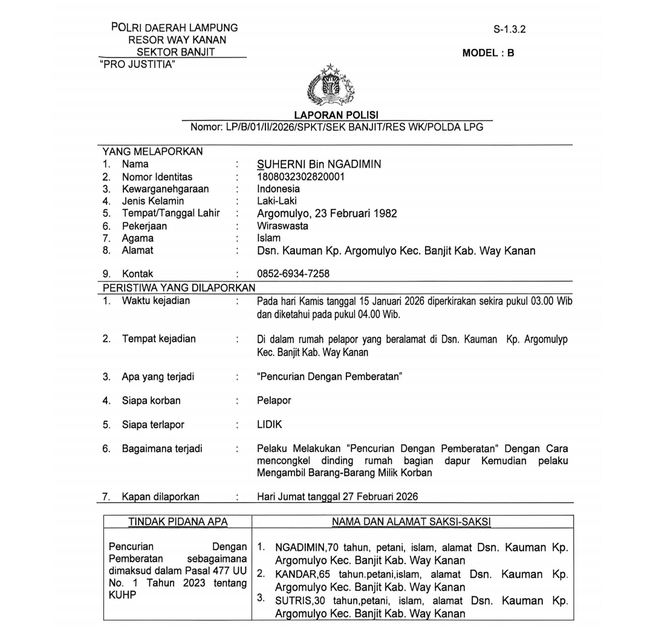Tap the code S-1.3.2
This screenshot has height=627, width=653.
click(x=509, y=29)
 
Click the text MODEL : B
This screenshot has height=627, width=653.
click(x=488, y=53)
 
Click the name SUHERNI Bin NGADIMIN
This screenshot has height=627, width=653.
click(x=319, y=164)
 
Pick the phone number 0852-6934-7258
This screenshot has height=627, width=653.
click(x=293, y=274)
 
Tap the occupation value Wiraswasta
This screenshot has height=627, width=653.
click(x=282, y=226)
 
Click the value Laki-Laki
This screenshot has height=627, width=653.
click(x=277, y=201)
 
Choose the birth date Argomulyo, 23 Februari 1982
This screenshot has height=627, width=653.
click(x=327, y=214)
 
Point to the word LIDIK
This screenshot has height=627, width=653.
click(x=270, y=425)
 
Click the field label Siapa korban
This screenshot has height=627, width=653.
click(x=151, y=400)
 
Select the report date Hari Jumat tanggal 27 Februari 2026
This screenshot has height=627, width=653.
click(x=337, y=497)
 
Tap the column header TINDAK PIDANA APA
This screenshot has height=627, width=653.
click(x=178, y=522)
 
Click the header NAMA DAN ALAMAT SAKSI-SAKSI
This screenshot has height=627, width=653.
click(x=411, y=522)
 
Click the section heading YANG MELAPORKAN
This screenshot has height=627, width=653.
click(x=153, y=151)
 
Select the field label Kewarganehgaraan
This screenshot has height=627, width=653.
click(x=165, y=189)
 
